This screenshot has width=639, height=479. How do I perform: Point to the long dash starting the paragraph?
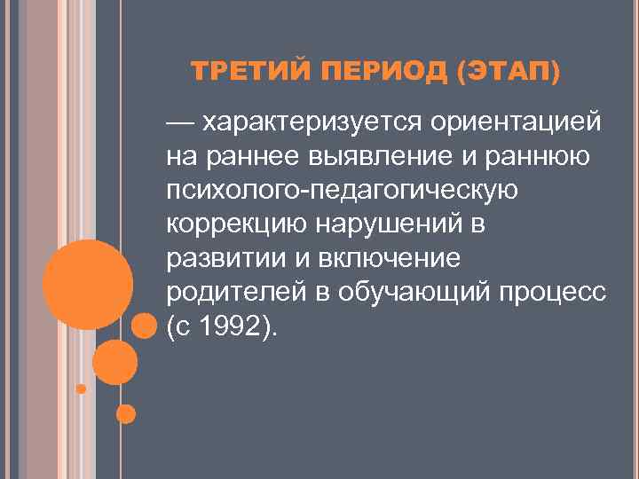pyautogui.click(x=182, y=121)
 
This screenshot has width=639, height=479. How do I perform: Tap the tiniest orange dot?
pyautogui.click(x=82, y=389)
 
